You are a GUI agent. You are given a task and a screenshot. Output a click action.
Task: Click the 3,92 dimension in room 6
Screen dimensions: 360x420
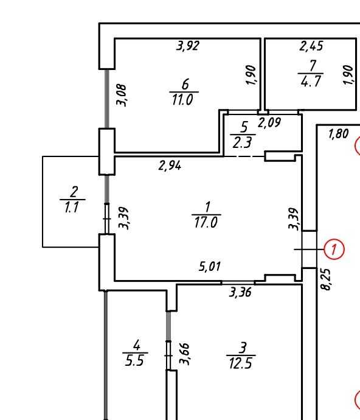pyautogui.click(x=188, y=46)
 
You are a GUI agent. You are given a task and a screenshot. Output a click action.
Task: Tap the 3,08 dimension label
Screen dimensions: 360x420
pyautogui.click(x=122, y=96)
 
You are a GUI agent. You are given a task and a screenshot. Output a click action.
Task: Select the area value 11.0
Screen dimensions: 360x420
pyautogui.click(x=182, y=100)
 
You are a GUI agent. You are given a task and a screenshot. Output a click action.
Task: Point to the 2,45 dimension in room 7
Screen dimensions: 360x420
pyautogui.click(x=311, y=46)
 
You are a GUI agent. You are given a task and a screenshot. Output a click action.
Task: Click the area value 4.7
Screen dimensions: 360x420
pyautogui.click(x=311, y=81)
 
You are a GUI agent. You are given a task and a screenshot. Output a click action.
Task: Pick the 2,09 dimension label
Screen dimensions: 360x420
pyautogui.click(x=269, y=123)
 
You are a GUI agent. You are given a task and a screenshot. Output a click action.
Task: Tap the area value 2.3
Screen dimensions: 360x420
pyautogui.click(x=242, y=142)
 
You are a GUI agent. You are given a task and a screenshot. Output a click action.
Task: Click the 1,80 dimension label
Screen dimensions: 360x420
pyautogui.click(x=339, y=134)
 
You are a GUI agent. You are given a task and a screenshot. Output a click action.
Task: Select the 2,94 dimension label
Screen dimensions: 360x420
pyautogui.click(x=170, y=166)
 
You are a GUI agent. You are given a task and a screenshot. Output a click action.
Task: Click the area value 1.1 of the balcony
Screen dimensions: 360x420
pyautogui.click(x=72, y=208)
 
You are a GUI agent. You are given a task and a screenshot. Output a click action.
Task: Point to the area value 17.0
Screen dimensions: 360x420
pyautogui.click(x=206, y=223)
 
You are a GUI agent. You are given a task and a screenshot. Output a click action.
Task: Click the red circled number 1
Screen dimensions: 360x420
pyautogui.click(x=334, y=250)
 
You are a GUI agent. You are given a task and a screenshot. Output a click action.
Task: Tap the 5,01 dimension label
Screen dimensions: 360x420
pyautogui.click(x=210, y=267)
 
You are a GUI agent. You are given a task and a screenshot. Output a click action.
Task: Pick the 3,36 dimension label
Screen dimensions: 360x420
pyautogui.click(x=240, y=292)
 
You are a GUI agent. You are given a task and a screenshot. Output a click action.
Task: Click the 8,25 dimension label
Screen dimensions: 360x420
pyautogui.click(x=327, y=279)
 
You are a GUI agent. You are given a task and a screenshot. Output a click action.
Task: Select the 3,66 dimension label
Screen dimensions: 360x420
pyautogui.click(x=185, y=354)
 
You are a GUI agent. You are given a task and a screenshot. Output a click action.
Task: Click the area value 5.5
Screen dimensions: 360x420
pyautogui.click(x=134, y=361)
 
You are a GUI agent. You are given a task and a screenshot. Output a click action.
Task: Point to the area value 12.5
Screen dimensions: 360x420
pyautogui.click(x=241, y=364)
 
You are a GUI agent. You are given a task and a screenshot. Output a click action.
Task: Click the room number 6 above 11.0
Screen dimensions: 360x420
pyautogui.click(x=185, y=85)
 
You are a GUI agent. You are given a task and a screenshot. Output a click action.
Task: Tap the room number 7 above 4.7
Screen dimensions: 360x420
pyautogui.click(x=313, y=65)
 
